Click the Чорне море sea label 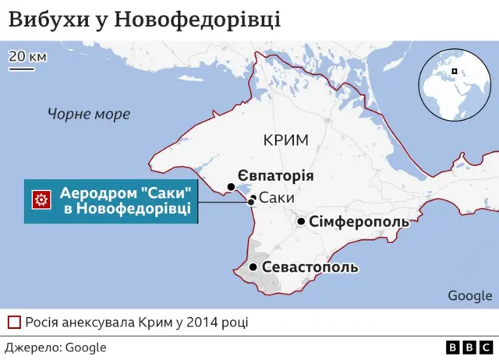tap(88, 115)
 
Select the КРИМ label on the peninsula tap(286, 140)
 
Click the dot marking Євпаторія tap(231, 187)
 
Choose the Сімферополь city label tap(359, 222)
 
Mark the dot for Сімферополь tap(301, 222)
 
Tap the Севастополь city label tap(310, 267)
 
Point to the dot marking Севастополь tap(253, 267)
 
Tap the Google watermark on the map tap(469, 295)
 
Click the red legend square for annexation tap(14, 322)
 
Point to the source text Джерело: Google tap(56, 348)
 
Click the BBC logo tap(470, 348)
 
